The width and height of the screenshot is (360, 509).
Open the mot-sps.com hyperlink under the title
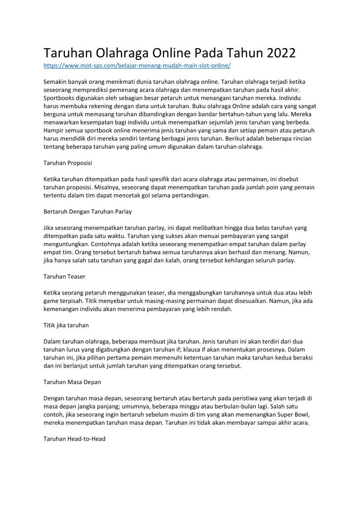click(137, 66)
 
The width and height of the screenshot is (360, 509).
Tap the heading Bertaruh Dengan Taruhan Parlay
click(88, 212)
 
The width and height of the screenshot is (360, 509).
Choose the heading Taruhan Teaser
click(64, 276)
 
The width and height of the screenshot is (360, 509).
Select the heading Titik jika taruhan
click(66, 325)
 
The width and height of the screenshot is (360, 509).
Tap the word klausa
click(199, 349)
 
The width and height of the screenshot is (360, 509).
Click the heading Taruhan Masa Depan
click(72, 382)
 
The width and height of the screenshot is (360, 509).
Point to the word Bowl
click(295, 414)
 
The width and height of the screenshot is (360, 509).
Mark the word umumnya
click(143, 406)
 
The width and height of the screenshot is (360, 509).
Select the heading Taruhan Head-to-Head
click(74, 439)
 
